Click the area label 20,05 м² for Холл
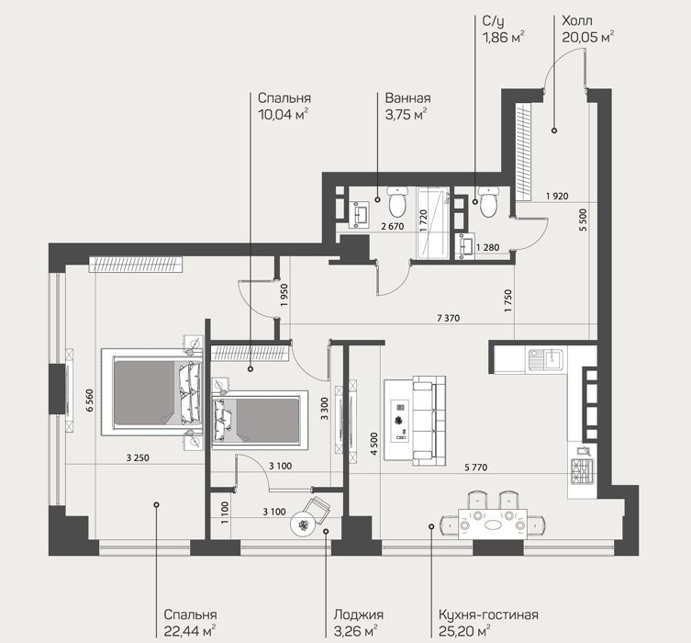pyautogui.click(x=588, y=37)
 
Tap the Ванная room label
pyautogui.click(x=407, y=98)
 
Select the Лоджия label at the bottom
pyautogui.click(x=358, y=615)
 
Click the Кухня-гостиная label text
pyautogui.click(x=488, y=615)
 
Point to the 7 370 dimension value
pyautogui.click(x=448, y=318)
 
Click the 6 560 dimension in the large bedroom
pyautogui.click(x=89, y=400)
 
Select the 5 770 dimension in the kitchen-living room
pyautogui.click(x=476, y=467)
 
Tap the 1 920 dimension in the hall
pyautogui.click(x=557, y=196)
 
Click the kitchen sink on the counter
pyautogui.click(x=546, y=358)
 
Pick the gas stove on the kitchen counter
pyautogui.click(x=583, y=471)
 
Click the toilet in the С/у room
pyautogui.click(x=488, y=201)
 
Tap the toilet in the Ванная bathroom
pyautogui.click(x=397, y=202)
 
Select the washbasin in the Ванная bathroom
pyautogui.click(x=361, y=215)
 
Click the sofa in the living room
pyautogui.click(x=429, y=421)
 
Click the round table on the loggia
pyautogui.click(x=302, y=525)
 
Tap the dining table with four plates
pyautogui.click(x=493, y=525)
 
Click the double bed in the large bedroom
pyautogui.click(x=152, y=392)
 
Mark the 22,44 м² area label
pyautogui.click(x=189, y=631)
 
